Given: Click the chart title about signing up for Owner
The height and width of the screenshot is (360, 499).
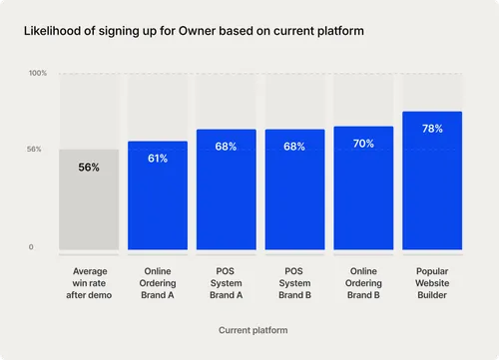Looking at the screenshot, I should coord(194,31).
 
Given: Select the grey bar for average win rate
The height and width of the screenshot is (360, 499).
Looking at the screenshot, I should coord(89,204).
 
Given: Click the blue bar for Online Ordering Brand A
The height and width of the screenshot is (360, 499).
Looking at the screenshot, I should coord(158,199).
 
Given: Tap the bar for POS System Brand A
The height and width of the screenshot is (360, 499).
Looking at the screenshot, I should coord(226,194).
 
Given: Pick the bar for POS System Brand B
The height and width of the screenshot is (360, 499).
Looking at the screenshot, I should coord(294,194).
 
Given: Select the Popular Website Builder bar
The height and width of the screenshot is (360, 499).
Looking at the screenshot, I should coord(432,184).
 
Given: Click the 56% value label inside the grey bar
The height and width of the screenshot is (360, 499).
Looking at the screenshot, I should coord(89,168).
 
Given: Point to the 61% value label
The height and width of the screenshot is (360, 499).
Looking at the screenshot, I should coord(158,159).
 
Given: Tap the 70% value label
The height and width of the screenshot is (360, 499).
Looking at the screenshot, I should coord(363,144).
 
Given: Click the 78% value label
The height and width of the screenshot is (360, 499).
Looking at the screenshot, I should coord(432,129).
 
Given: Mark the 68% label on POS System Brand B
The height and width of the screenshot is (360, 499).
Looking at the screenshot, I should coord(294,147).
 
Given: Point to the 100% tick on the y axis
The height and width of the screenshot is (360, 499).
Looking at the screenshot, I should coord(38,74).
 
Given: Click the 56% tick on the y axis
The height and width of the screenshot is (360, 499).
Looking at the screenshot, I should coord(35,150).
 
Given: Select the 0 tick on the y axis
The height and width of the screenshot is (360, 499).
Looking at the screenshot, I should coord(31,247).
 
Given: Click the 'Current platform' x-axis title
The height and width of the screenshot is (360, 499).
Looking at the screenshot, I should coord(249,329).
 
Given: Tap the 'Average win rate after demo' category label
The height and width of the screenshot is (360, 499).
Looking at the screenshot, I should coord(89,282).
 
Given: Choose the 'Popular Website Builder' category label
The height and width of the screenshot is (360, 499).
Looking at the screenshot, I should coord(432,282).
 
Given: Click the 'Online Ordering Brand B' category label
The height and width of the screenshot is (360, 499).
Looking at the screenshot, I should coord(363,282).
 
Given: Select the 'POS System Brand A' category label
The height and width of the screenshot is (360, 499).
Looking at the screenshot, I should coord(226,282).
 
